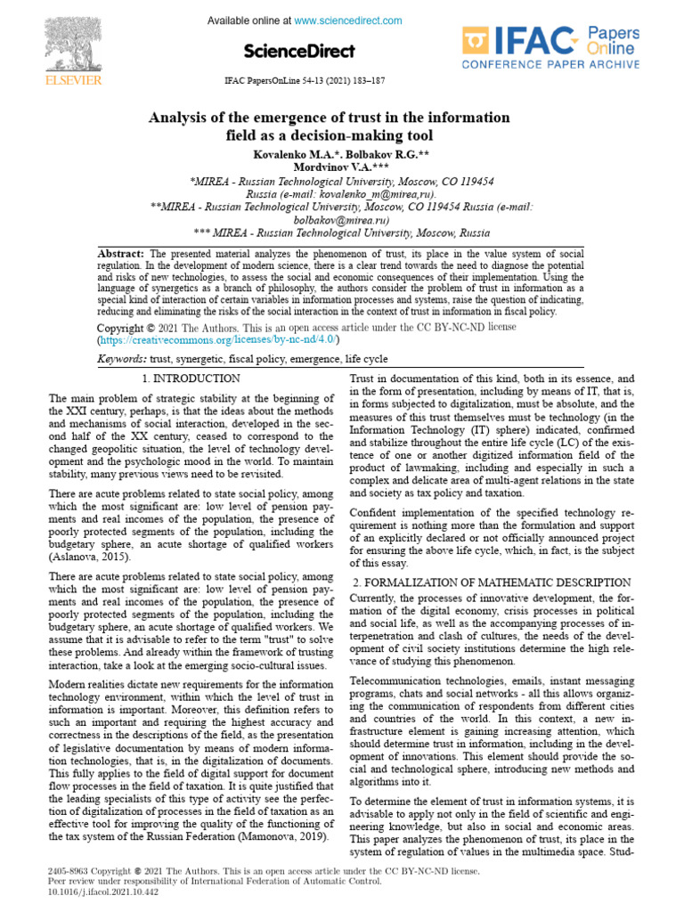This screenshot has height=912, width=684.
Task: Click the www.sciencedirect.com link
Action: pyautogui.click(x=348, y=20)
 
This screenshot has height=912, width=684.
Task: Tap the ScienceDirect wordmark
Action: pyautogui.click(x=298, y=51)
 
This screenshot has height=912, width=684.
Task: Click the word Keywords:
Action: pyautogui.click(x=122, y=359)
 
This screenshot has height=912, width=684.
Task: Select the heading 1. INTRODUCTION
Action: pyautogui.click(x=191, y=379)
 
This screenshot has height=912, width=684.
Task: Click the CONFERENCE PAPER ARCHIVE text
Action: pyautogui.click(x=550, y=65)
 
